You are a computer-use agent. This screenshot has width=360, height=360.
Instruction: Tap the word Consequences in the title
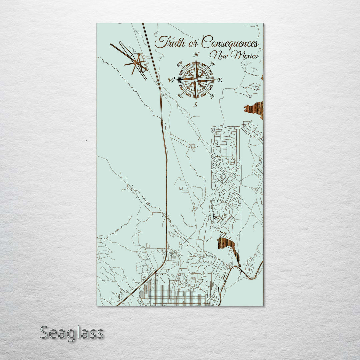point(230,43)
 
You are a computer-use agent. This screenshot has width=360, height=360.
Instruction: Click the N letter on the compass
point(196,55)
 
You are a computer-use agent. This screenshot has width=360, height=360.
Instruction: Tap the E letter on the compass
point(220,80)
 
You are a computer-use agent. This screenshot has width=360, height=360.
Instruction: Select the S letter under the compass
point(196,105)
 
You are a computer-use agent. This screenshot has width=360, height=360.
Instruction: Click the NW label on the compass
point(179,64)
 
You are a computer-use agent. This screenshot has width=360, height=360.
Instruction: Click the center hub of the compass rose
point(196,80)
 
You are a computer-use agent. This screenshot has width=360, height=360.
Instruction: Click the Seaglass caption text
point(72,333)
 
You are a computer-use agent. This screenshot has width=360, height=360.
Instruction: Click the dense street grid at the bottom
point(173,295)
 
